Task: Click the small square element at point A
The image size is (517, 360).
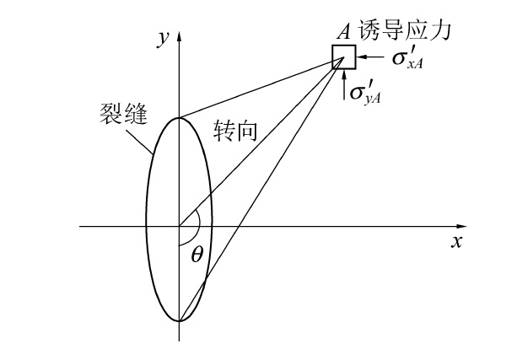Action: point(343,56)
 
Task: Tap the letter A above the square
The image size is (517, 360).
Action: point(344,33)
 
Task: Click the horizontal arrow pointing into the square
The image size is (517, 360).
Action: point(365,57)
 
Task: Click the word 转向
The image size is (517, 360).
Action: point(230,130)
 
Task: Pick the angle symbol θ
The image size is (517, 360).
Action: point(197,253)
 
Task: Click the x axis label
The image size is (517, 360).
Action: point(456,242)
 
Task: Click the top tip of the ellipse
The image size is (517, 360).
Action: point(179,117)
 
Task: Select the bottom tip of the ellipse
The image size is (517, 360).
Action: point(179,321)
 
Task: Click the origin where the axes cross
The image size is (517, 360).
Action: point(179,227)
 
